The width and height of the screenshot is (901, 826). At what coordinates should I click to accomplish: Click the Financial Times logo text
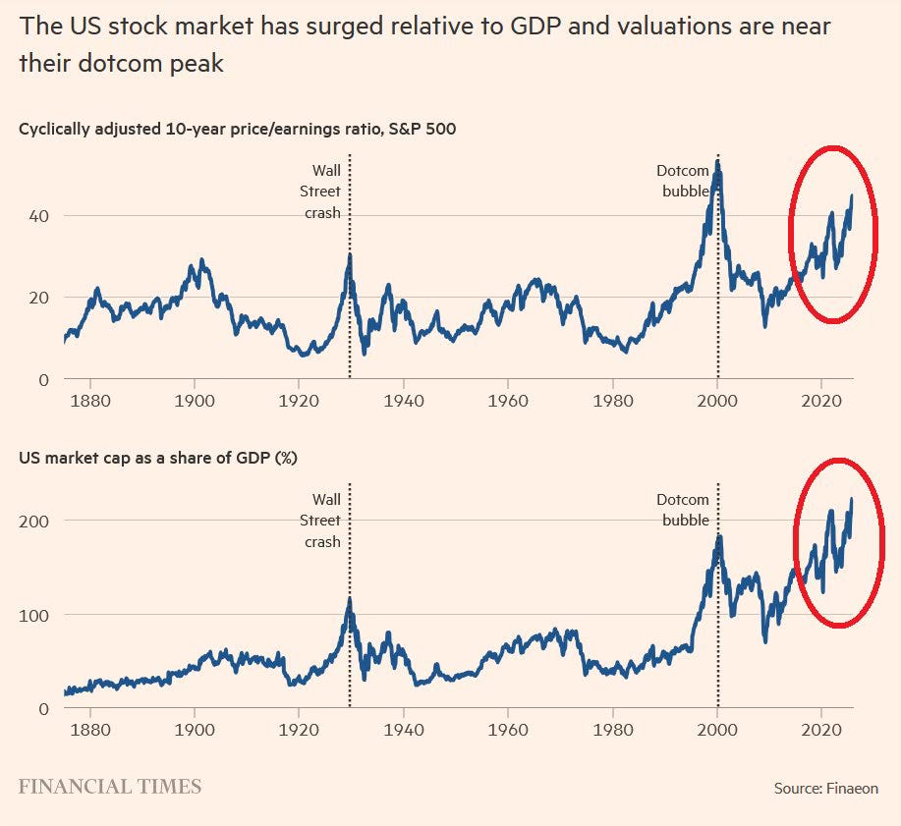click(110, 787)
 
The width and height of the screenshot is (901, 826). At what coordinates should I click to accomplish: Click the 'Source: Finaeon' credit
click(823, 789)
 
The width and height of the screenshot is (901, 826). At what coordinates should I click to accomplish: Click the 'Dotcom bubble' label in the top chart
click(683, 181)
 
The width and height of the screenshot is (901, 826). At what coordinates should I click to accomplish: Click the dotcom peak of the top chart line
click(718, 165)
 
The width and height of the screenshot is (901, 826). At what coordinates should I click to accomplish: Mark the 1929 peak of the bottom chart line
click(349, 598)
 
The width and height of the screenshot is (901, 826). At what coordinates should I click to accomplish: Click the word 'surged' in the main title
click(330, 26)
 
